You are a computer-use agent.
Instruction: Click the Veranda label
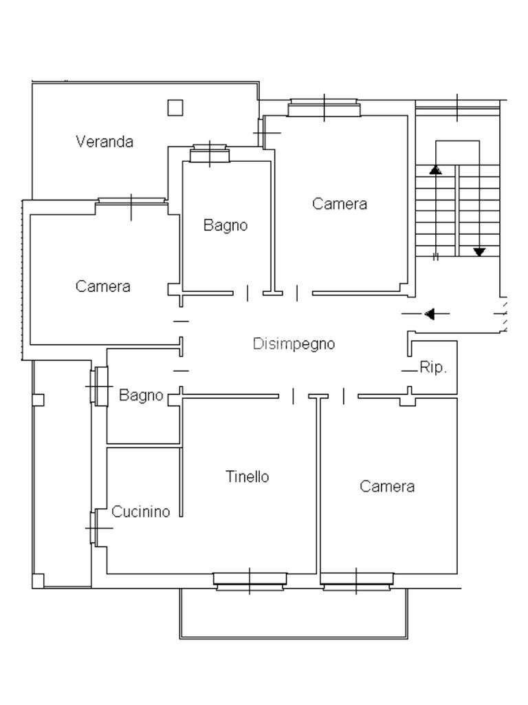coord(104,142)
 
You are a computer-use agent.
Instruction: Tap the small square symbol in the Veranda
coord(175,107)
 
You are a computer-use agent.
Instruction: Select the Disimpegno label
coord(294,344)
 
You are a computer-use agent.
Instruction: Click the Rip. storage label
coord(433,368)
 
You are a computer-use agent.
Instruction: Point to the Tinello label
coord(247,476)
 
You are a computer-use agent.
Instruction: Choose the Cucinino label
coord(140,512)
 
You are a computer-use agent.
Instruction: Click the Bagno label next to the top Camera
coord(225,225)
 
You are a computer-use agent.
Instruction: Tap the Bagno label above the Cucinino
coord(141,395)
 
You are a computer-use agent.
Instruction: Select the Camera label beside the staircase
coord(340,204)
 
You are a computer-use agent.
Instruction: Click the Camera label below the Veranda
coord(103,286)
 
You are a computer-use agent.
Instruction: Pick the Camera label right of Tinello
coord(387,487)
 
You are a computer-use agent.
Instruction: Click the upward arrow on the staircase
coord(435,169)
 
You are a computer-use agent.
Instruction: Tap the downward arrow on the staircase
coord(479,252)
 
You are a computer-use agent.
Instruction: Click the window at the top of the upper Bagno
coord(209,154)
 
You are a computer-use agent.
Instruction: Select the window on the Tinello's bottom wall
coord(250,582)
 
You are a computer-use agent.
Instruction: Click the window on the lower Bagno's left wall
coord(99,386)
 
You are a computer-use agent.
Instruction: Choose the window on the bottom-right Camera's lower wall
coord(357,582)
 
